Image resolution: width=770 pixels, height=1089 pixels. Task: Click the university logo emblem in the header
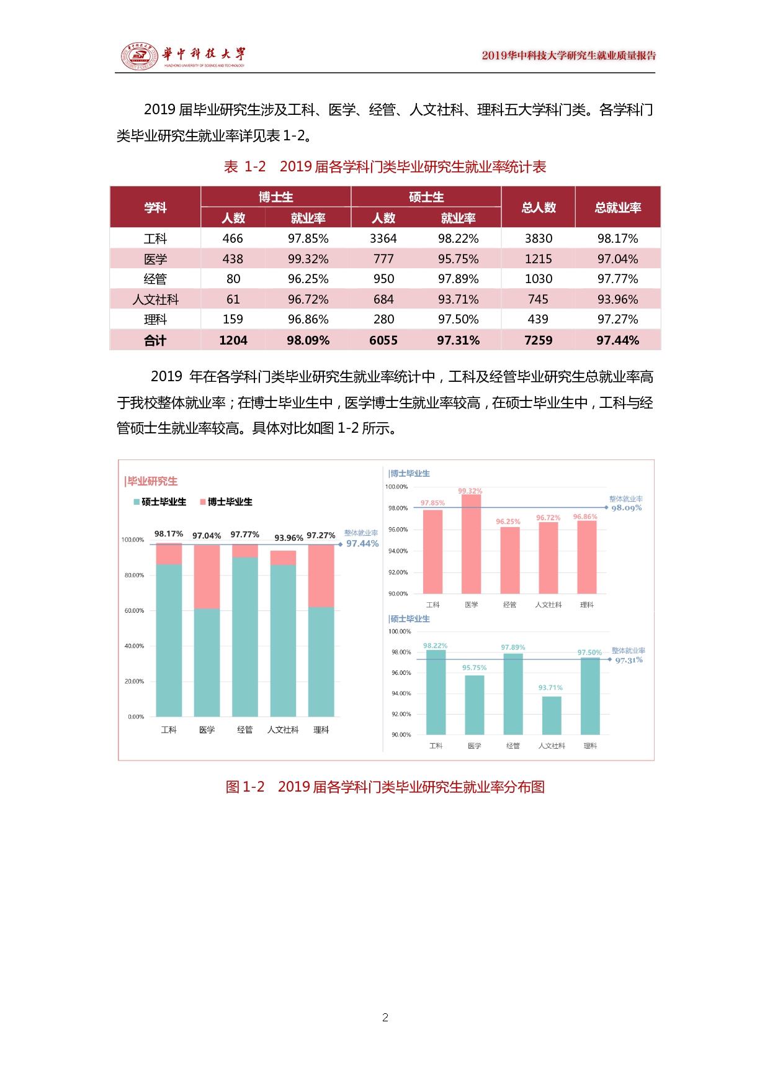pyautogui.click(x=140, y=56)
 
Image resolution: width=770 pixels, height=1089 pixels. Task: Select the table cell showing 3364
pyautogui.click(x=383, y=238)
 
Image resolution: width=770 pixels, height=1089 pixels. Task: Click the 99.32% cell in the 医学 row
pyautogui.click(x=308, y=259)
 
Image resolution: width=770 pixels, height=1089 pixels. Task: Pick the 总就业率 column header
pyautogui.click(x=617, y=207)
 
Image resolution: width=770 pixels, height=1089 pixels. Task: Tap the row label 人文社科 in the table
pyautogui.click(x=155, y=299)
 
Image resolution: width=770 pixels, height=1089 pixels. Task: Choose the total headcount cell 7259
pyautogui.click(x=538, y=340)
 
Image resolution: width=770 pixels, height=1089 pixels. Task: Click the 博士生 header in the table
pyautogui.click(x=275, y=197)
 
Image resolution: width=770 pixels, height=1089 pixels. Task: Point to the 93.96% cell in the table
pyautogui.click(x=617, y=299)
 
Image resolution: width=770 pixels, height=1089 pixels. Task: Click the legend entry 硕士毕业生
pyautogui.click(x=159, y=502)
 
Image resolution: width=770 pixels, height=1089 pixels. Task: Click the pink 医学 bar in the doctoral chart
pyautogui.click(x=471, y=543)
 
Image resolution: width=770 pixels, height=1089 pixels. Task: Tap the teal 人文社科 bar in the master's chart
pyautogui.click(x=551, y=715)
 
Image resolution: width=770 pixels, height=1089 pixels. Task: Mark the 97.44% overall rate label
pyautogui.click(x=362, y=544)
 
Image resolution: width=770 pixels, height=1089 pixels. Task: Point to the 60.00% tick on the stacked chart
pyautogui.click(x=134, y=611)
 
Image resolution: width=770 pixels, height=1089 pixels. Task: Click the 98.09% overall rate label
pyautogui.click(x=627, y=508)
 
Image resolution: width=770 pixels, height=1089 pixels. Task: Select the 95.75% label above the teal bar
pyautogui.click(x=474, y=668)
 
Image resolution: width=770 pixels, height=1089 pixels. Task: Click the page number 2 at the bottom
pyautogui.click(x=385, y=1018)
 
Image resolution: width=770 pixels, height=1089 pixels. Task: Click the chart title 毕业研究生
pyautogui.click(x=152, y=481)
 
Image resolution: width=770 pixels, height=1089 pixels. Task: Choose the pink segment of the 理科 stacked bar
pyautogui.click(x=321, y=576)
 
